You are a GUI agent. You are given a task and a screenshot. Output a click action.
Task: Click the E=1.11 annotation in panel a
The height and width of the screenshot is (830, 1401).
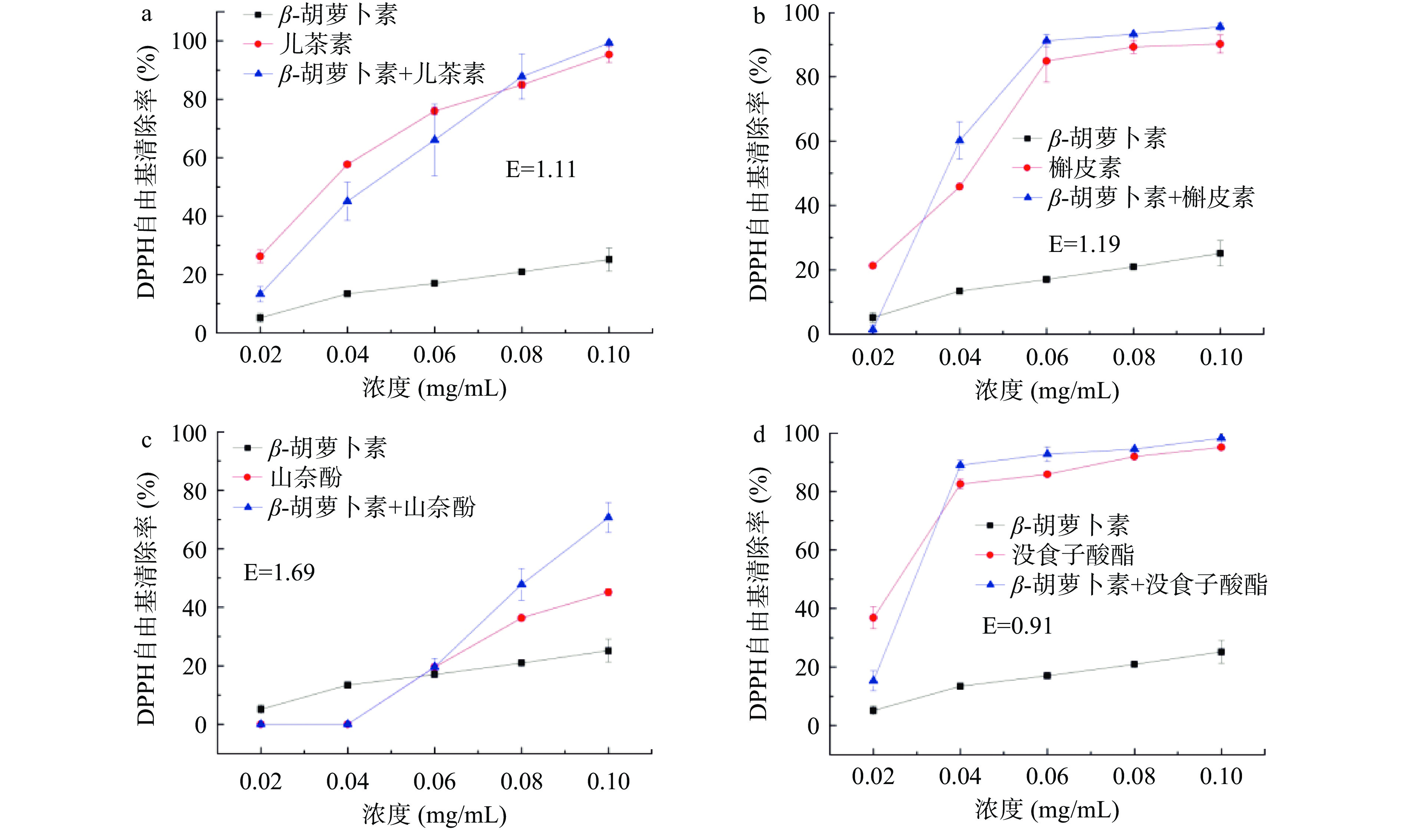click(x=540, y=169)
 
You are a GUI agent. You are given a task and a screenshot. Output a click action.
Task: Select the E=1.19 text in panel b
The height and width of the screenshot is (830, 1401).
click(x=1084, y=245)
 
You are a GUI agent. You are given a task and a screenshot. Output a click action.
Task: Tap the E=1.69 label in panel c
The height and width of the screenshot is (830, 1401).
click(x=279, y=573)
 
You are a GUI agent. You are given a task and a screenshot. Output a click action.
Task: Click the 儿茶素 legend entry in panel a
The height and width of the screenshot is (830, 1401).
click(x=315, y=44)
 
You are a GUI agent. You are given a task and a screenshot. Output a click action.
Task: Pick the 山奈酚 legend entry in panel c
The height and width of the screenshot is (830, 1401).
click(x=305, y=478)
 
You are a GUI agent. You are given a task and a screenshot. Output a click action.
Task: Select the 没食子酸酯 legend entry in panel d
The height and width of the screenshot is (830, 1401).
click(x=1073, y=555)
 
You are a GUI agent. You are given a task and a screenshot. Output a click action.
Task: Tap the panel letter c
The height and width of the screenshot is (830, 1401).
click(x=146, y=441)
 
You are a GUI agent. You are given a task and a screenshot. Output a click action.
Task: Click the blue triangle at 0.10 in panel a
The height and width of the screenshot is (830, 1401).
click(x=609, y=43)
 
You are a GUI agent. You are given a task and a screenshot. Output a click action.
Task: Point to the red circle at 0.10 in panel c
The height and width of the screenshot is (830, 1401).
click(x=609, y=592)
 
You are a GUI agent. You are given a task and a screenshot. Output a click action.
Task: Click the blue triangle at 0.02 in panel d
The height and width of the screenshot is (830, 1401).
click(x=873, y=680)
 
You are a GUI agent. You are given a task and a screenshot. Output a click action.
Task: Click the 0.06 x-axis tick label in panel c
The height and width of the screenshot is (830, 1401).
click(x=434, y=782)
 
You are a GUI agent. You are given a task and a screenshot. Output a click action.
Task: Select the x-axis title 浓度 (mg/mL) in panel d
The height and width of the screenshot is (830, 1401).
click(x=1047, y=810)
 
